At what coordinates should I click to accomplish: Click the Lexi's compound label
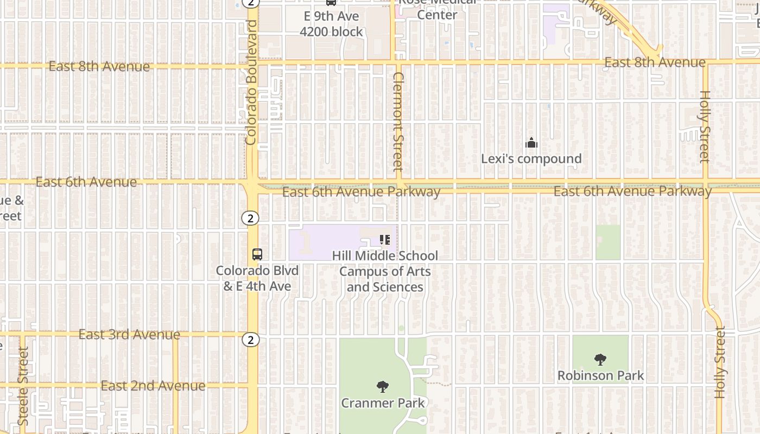pyautogui.click(x=531, y=159)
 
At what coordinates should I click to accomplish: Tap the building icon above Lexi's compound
pyautogui.click(x=531, y=143)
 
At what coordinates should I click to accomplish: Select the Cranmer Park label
pyautogui.click(x=383, y=403)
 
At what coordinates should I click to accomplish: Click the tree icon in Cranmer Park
pyautogui.click(x=383, y=387)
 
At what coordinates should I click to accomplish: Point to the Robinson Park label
pyautogui.click(x=600, y=375)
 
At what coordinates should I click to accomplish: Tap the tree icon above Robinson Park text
pyautogui.click(x=600, y=359)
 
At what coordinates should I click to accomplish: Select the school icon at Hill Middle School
pyautogui.click(x=385, y=240)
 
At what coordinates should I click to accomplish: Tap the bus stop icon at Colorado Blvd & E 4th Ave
pyautogui.click(x=257, y=254)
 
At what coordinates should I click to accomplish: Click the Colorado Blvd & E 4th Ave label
pyautogui.click(x=257, y=278)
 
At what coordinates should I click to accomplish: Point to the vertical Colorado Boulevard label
pyautogui.click(x=251, y=82)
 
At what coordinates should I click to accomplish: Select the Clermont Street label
pyautogui.click(x=398, y=122)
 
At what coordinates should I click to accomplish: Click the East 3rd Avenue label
pyautogui.click(x=129, y=335)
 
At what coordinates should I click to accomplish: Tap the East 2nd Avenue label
pyautogui.click(x=153, y=386)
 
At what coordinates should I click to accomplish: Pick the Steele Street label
pyautogui.click(x=23, y=386)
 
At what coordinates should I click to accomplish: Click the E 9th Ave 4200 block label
pyautogui.click(x=331, y=24)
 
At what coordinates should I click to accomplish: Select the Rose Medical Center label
pyautogui.click(x=437, y=10)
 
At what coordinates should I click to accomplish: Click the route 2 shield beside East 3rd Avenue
pyautogui.click(x=250, y=340)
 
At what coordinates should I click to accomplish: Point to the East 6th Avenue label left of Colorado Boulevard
pyautogui.click(x=86, y=182)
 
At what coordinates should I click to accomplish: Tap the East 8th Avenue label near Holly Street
pyautogui.click(x=655, y=62)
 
